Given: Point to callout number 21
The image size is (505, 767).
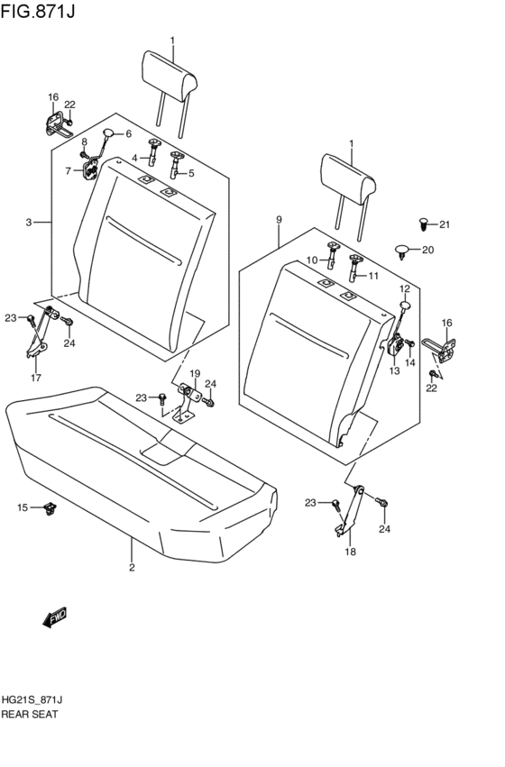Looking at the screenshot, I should click(x=444, y=224).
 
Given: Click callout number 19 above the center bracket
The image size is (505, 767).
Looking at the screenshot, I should click(x=194, y=373).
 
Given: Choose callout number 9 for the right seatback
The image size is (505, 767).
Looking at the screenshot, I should click(x=279, y=219).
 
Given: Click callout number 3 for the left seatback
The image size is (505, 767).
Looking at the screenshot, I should click(x=29, y=223).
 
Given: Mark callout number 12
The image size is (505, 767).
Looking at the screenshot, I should click(x=405, y=288).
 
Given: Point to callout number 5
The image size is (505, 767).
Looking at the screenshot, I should click(x=190, y=173).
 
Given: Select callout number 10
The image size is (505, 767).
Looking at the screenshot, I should click(x=310, y=260).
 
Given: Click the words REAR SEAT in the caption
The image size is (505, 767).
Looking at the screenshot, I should click(x=31, y=714).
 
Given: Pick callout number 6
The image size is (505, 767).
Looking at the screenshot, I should click(x=128, y=134).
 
